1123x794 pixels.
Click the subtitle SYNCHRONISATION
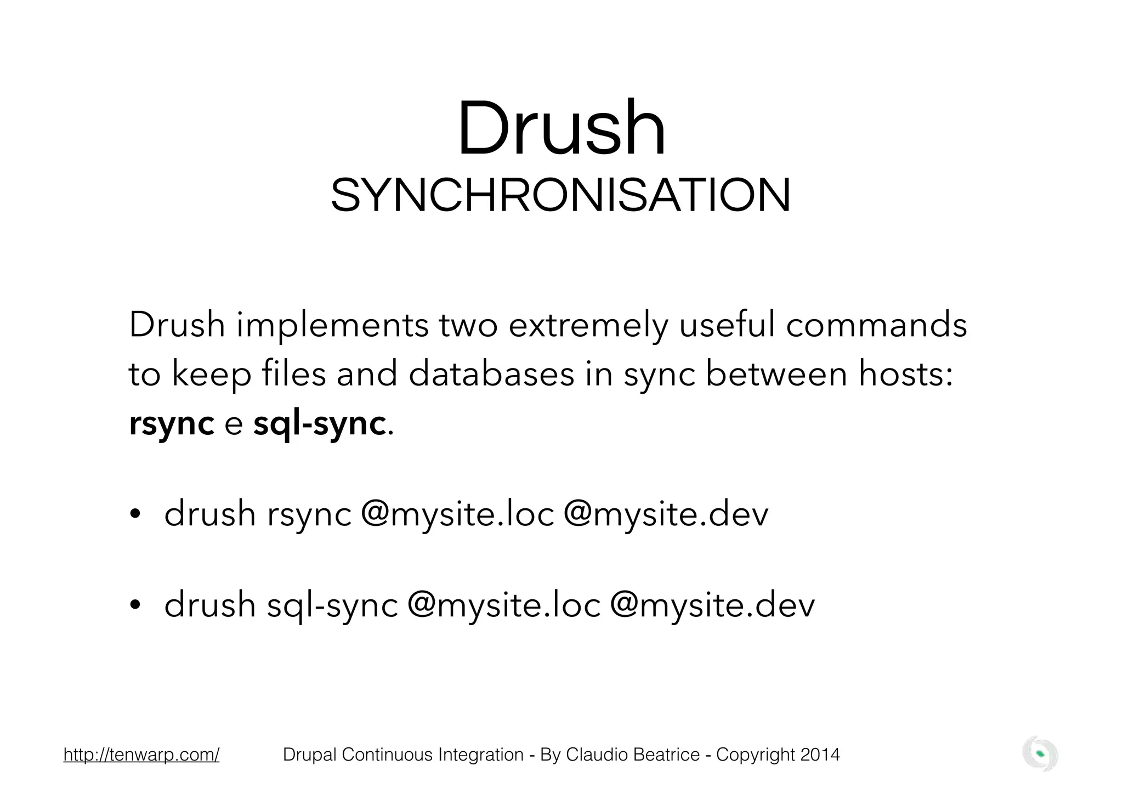click(561, 196)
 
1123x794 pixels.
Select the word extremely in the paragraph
click(588, 325)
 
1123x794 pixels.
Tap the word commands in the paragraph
click(876, 325)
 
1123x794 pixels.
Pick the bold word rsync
click(171, 424)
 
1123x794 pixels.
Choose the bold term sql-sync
click(320, 424)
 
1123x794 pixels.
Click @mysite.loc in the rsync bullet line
click(457, 514)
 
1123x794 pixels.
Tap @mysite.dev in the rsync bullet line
click(666, 514)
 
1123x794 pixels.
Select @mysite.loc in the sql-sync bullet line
click(504, 605)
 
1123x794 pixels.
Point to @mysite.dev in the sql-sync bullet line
click(712, 605)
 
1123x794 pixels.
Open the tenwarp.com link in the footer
click(141, 755)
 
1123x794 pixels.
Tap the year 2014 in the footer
click(820, 755)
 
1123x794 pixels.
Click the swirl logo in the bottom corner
click(1040, 754)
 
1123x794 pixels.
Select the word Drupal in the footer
click(310, 755)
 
